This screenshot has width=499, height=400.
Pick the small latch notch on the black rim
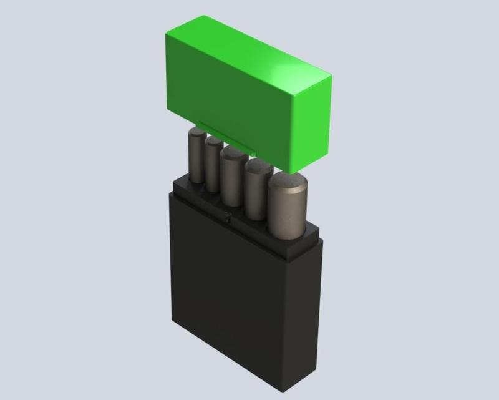click(227, 218)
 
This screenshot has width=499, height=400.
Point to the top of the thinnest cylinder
click(213, 142)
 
